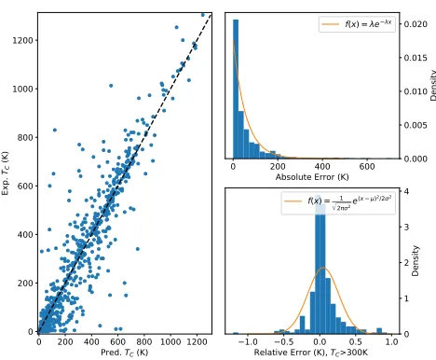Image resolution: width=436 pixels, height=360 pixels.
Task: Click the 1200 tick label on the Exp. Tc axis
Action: [x=22, y=40]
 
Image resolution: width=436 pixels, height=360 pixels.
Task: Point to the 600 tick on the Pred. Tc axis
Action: [x=117, y=342]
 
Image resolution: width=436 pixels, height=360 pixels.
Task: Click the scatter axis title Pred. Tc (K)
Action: [x=125, y=353]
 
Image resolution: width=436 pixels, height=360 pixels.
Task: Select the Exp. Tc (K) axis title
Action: [x=6, y=173]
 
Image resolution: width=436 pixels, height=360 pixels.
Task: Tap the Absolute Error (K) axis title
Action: [x=312, y=177]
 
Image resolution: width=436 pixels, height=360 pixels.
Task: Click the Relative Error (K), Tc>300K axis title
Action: [x=311, y=353]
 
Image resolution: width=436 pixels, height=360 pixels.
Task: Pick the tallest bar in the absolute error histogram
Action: [x=236, y=90]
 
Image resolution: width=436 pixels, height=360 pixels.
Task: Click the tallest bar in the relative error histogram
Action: [x=320, y=265]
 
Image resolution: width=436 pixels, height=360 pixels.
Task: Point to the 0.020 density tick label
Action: [x=416, y=24]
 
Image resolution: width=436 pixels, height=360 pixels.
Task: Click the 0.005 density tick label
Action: [x=416, y=125]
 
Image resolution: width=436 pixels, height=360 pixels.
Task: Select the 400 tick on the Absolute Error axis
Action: [x=322, y=167]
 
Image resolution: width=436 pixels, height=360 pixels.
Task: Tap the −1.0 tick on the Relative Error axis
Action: [x=248, y=342]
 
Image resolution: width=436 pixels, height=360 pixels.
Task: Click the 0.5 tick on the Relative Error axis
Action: [x=356, y=342]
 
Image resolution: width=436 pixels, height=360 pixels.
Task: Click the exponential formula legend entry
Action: [x=357, y=24]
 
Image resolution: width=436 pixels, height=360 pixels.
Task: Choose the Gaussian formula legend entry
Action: [x=337, y=202]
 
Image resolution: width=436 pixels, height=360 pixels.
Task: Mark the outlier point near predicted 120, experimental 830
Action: [x=55, y=130]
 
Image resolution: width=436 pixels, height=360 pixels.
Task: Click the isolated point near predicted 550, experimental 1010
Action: [x=111, y=86]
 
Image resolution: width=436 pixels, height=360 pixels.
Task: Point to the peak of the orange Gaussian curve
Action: [x=323, y=268]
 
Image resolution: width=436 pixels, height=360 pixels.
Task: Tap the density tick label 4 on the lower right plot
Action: [x=406, y=191]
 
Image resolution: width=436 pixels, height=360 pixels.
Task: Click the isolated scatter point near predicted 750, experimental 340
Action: [x=138, y=249]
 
